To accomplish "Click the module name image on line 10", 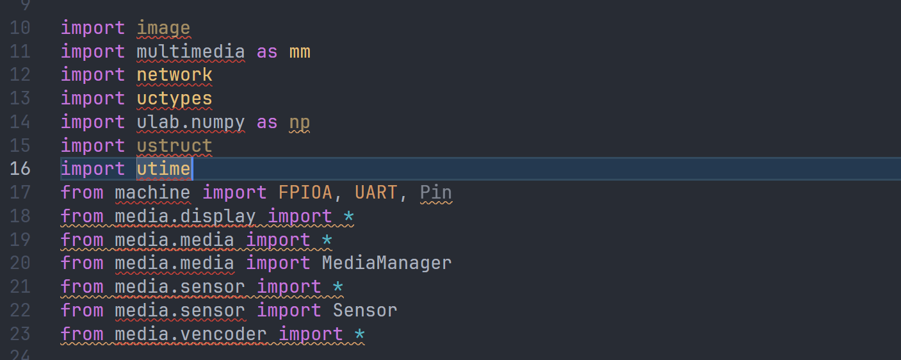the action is [x=163, y=28].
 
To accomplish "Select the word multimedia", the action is [x=190, y=51].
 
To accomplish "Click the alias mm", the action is [x=300, y=51].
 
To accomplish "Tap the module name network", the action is [x=174, y=75].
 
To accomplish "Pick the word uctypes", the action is [x=174, y=99].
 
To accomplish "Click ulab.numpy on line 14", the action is [x=190, y=122].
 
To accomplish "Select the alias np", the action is [x=300, y=122].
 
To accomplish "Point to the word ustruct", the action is [x=174, y=145].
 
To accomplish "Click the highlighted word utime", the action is [x=163, y=169].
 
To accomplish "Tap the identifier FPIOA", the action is [x=305, y=192].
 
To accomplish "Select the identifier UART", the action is [x=375, y=192].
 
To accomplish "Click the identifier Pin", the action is [x=435, y=192].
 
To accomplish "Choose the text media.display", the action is [x=185, y=216].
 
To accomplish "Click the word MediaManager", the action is [x=386, y=263].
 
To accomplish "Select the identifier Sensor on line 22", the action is [x=365, y=310].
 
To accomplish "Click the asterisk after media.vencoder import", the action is [x=359, y=334].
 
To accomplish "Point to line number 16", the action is [x=20, y=169].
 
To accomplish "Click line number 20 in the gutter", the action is [x=20, y=263].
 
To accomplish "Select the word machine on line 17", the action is [x=152, y=192].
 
